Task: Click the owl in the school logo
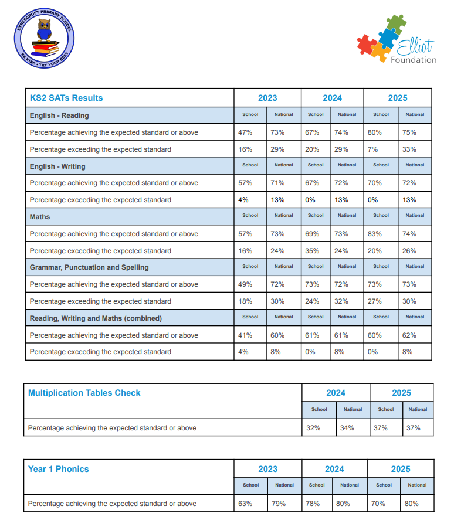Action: click(x=44, y=30)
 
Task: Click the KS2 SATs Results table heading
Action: click(x=66, y=98)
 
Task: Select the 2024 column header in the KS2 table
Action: click(x=332, y=98)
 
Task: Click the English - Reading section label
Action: click(x=59, y=115)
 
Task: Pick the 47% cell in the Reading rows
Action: click(x=245, y=132)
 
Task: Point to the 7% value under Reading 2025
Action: click(x=372, y=149)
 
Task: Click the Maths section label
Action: click(x=40, y=217)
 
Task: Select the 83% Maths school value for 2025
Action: click(x=375, y=234)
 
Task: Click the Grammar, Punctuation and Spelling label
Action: click(x=89, y=267)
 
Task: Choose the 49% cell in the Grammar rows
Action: click(x=245, y=284)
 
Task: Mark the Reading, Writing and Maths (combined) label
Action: click(x=96, y=318)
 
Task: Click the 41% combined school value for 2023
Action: click(x=245, y=335)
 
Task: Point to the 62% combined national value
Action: click(x=409, y=335)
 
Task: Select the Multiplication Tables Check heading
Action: click(x=84, y=393)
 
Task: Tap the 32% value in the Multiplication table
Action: click(x=313, y=428)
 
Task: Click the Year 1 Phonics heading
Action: click(x=59, y=469)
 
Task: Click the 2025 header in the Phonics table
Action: click(x=401, y=469)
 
